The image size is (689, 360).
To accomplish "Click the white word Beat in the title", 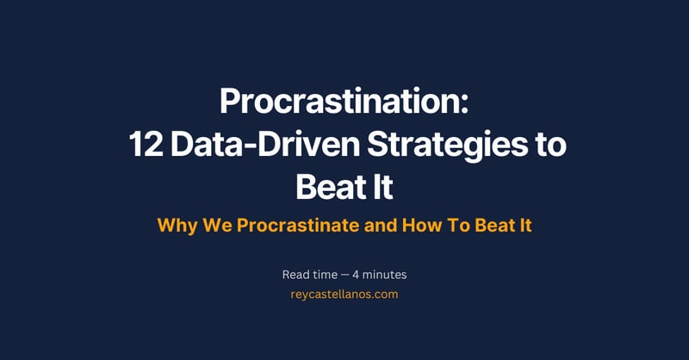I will (326, 185).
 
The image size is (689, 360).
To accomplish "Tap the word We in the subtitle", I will (217, 226).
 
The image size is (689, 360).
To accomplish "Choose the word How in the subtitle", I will (425, 226).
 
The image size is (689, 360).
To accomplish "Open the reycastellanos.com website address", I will (344, 294).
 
